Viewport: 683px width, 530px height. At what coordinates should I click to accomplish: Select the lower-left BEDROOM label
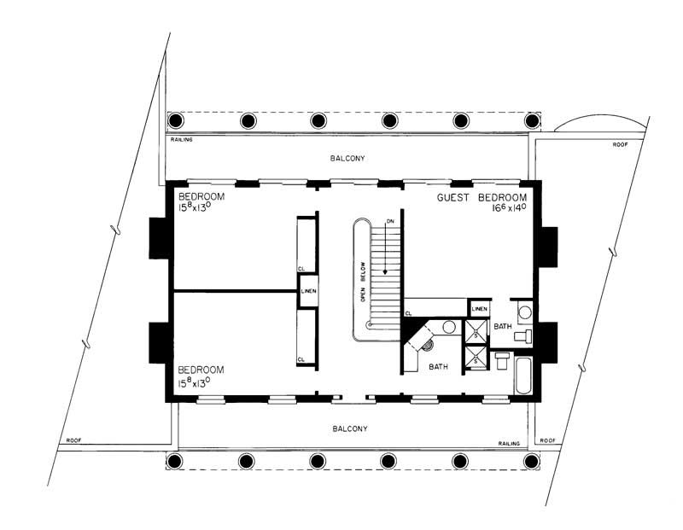pyautogui.click(x=201, y=370)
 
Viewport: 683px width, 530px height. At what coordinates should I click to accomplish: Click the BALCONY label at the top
pyautogui.click(x=348, y=159)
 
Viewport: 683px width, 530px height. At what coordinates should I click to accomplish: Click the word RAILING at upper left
pyautogui.click(x=180, y=139)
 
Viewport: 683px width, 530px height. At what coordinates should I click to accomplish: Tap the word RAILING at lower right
pyautogui.click(x=510, y=444)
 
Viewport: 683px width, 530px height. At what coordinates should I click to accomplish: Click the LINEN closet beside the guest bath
pyautogui.click(x=480, y=308)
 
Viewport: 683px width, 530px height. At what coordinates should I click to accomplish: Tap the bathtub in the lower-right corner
pyautogui.click(x=523, y=376)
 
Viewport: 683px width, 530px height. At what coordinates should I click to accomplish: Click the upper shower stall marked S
pyautogui.click(x=472, y=331)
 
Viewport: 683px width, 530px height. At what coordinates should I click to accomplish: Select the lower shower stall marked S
pyautogui.click(x=472, y=359)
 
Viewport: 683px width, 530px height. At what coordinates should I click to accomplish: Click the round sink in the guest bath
pyautogui.click(x=525, y=311)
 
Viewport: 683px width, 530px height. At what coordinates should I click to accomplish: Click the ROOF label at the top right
pyautogui.click(x=621, y=145)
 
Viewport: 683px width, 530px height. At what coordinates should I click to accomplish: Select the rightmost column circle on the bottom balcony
pyautogui.click(x=532, y=462)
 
